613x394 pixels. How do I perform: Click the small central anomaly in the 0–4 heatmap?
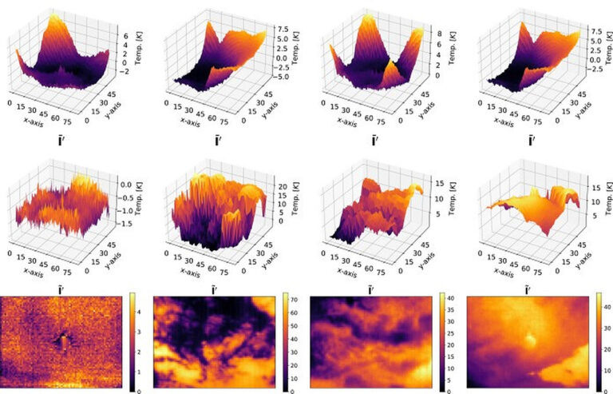pos(63,341)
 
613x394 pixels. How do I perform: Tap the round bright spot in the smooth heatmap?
pos(528,339)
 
